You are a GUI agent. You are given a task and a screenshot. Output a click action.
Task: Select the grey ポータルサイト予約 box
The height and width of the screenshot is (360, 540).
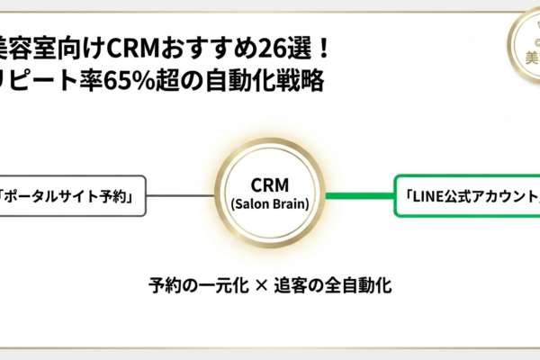(x=72, y=196)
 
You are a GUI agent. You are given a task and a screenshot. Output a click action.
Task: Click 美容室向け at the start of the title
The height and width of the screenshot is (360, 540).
(x=40, y=45)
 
